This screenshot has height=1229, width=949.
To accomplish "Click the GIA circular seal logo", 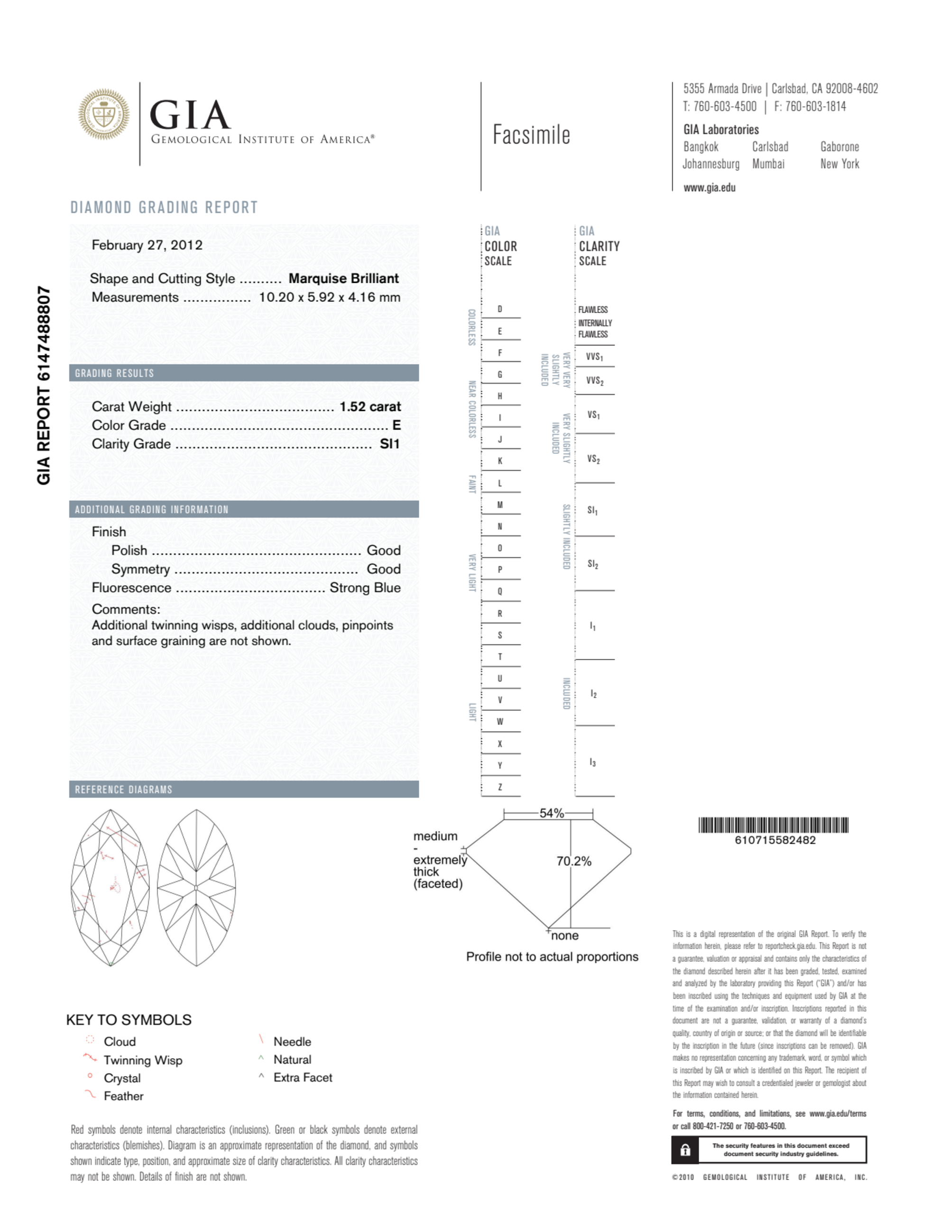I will [x=103, y=114].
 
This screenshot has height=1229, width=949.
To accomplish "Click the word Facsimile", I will [x=531, y=135].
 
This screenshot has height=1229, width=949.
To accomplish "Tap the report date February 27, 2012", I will [x=147, y=245].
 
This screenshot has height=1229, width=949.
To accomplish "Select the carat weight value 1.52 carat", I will [x=369, y=407].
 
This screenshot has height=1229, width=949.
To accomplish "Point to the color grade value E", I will [x=396, y=426].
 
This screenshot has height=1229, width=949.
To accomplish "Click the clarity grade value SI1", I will [x=389, y=444].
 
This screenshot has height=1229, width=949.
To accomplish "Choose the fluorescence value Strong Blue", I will [x=365, y=588].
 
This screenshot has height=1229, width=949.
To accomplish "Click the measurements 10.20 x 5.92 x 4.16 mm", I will [x=329, y=298].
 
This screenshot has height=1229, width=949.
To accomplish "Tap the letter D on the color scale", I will [x=499, y=309].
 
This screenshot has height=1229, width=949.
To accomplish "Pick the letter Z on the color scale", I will [x=499, y=787].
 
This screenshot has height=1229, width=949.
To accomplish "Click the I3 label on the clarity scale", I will [x=592, y=763].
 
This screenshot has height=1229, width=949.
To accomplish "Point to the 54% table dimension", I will [x=551, y=813].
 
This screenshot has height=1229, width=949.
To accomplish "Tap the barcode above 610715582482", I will [x=773, y=826].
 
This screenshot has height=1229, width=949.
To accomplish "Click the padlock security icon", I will [x=685, y=1150].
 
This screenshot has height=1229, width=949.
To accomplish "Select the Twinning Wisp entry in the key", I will [x=143, y=1061].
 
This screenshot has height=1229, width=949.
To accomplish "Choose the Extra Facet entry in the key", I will [x=303, y=1078].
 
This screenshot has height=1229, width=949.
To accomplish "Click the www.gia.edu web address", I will [x=709, y=188].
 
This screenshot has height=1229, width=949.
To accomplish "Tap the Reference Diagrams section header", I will [x=124, y=790].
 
